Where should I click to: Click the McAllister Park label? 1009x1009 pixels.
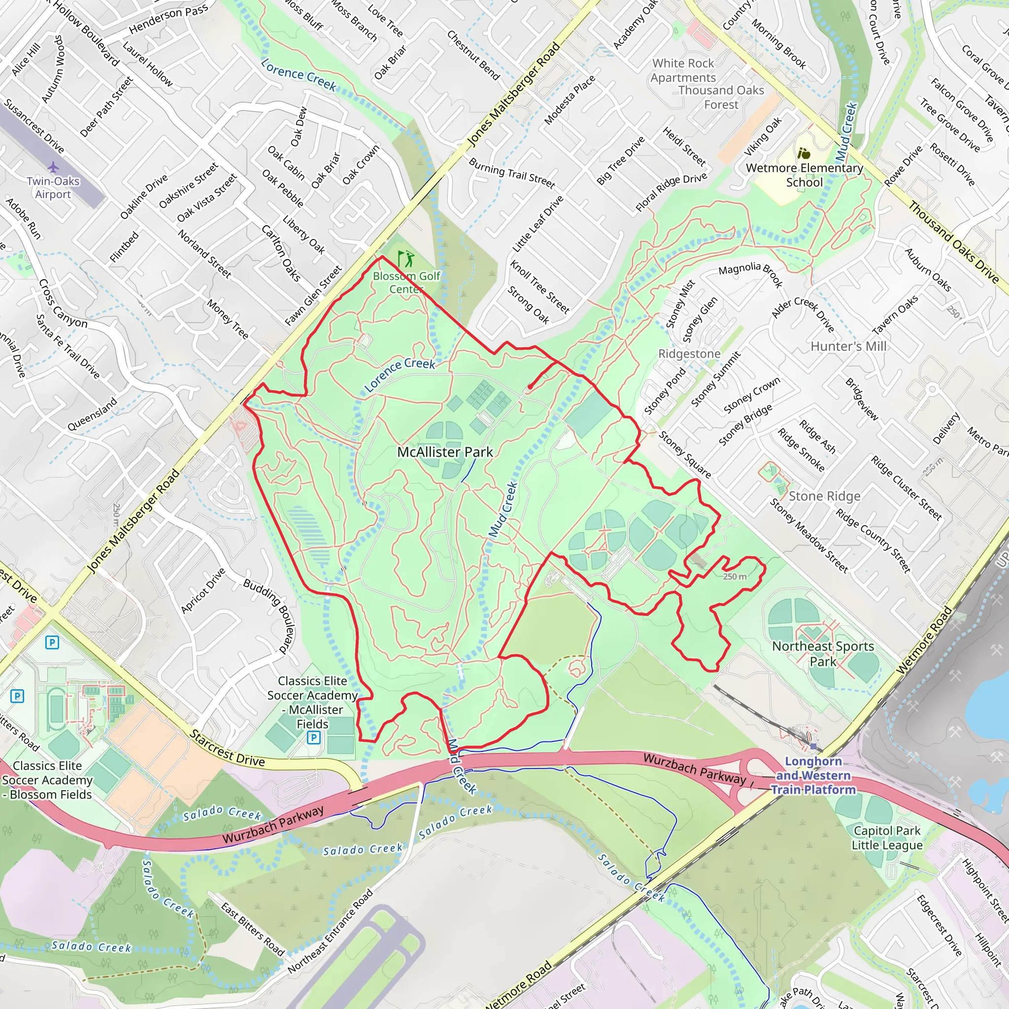click(445, 452)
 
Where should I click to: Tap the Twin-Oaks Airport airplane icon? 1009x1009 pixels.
click(53, 168)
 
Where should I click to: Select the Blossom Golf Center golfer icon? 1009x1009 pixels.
click(406, 259)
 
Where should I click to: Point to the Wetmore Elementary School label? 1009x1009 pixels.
click(804, 175)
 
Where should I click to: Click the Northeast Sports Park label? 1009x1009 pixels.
click(823, 653)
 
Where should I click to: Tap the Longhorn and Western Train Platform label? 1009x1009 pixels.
click(814, 775)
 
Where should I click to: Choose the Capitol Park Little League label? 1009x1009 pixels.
click(887, 838)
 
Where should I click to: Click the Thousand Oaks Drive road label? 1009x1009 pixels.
click(953, 242)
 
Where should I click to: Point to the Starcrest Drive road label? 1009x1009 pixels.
click(227, 749)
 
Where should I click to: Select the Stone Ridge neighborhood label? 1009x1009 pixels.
click(825, 496)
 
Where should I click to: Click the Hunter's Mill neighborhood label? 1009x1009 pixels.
click(849, 346)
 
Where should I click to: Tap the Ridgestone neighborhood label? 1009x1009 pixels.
click(689, 354)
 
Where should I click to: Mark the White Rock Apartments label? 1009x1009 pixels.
click(683, 70)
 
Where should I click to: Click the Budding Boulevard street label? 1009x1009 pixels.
click(267, 616)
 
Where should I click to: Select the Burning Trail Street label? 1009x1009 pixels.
click(512, 173)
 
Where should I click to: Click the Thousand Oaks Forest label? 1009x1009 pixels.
click(721, 97)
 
